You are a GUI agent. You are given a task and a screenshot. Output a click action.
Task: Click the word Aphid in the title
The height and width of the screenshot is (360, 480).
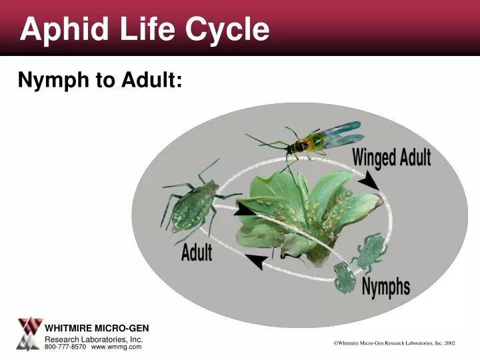click(65, 29)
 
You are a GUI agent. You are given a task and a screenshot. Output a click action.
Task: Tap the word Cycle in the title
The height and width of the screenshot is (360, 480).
click(227, 29)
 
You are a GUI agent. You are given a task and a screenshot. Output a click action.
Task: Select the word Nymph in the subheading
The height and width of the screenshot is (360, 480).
click(53, 80)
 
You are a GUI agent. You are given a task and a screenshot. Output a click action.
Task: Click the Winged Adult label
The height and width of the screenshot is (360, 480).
click(391, 158)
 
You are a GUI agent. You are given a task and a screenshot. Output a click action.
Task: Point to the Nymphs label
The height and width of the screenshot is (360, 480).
click(386, 287)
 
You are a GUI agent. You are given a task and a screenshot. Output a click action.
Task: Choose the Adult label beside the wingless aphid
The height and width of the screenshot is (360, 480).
click(197, 252)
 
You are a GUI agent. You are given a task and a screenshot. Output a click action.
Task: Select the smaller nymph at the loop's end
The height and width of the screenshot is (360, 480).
click(345, 277)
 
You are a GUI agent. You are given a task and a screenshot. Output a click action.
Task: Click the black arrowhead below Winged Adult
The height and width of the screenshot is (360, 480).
click(369, 181)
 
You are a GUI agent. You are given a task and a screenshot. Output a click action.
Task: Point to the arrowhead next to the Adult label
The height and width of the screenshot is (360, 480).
click(258, 261)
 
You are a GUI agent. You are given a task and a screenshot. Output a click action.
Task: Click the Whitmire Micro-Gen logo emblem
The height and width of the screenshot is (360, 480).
click(29, 334)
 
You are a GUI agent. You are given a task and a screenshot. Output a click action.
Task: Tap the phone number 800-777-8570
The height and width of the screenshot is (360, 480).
click(65, 347)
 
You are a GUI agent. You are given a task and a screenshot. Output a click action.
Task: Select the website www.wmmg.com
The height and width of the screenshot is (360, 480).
click(116, 347)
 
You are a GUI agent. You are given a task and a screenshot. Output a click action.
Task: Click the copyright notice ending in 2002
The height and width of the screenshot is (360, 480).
click(394, 343)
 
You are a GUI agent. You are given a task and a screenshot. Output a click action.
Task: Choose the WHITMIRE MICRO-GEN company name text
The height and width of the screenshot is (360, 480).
click(97, 328)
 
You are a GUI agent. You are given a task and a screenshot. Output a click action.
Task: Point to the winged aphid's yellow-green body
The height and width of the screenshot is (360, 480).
click(306, 143)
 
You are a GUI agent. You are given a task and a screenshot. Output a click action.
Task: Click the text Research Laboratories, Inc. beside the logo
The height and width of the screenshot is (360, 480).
click(94, 339)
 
